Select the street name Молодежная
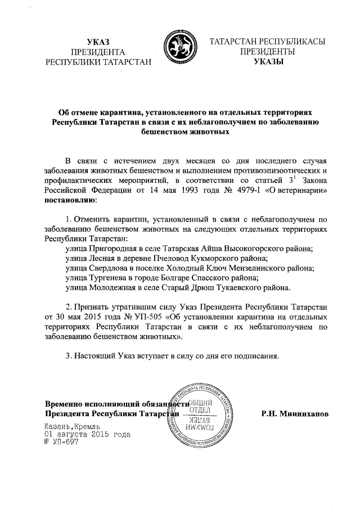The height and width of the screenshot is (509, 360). pyautogui.click(x=114, y=289)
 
